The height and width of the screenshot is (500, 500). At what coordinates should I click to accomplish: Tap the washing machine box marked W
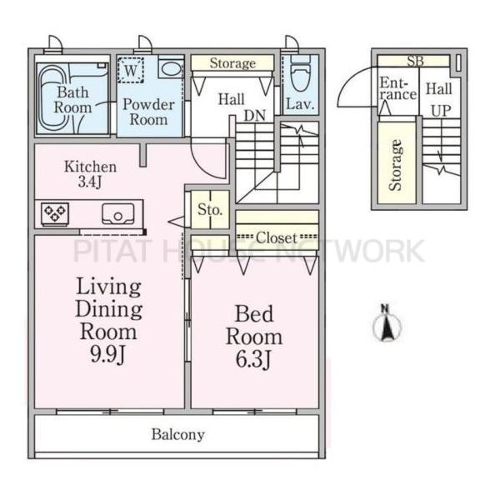(x=131, y=70)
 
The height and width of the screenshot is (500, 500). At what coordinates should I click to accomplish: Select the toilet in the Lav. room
(x=301, y=73)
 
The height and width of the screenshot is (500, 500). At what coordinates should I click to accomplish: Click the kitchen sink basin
(x=118, y=213)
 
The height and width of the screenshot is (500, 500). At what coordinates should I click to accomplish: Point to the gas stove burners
(x=55, y=212)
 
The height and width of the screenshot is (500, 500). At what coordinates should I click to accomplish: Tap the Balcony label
(x=178, y=435)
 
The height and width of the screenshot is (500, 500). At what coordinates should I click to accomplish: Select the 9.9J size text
(x=108, y=354)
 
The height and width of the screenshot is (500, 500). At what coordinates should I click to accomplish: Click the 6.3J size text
(x=254, y=358)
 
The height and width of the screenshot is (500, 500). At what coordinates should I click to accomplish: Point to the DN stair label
(x=255, y=116)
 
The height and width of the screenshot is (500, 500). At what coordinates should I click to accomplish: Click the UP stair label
(x=442, y=111)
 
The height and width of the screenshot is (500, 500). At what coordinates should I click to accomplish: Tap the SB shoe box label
(x=415, y=61)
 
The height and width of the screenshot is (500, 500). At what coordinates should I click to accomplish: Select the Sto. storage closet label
(x=210, y=210)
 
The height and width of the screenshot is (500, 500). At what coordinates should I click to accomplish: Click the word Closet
(x=276, y=237)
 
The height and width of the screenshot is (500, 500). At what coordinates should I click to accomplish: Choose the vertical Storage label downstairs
(x=395, y=166)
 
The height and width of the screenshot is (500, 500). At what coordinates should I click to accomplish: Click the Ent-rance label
(x=398, y=89)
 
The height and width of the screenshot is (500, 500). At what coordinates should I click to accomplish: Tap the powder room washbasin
(x=172, y=69)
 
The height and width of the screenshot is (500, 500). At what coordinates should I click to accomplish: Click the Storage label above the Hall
(x=232, y=63)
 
